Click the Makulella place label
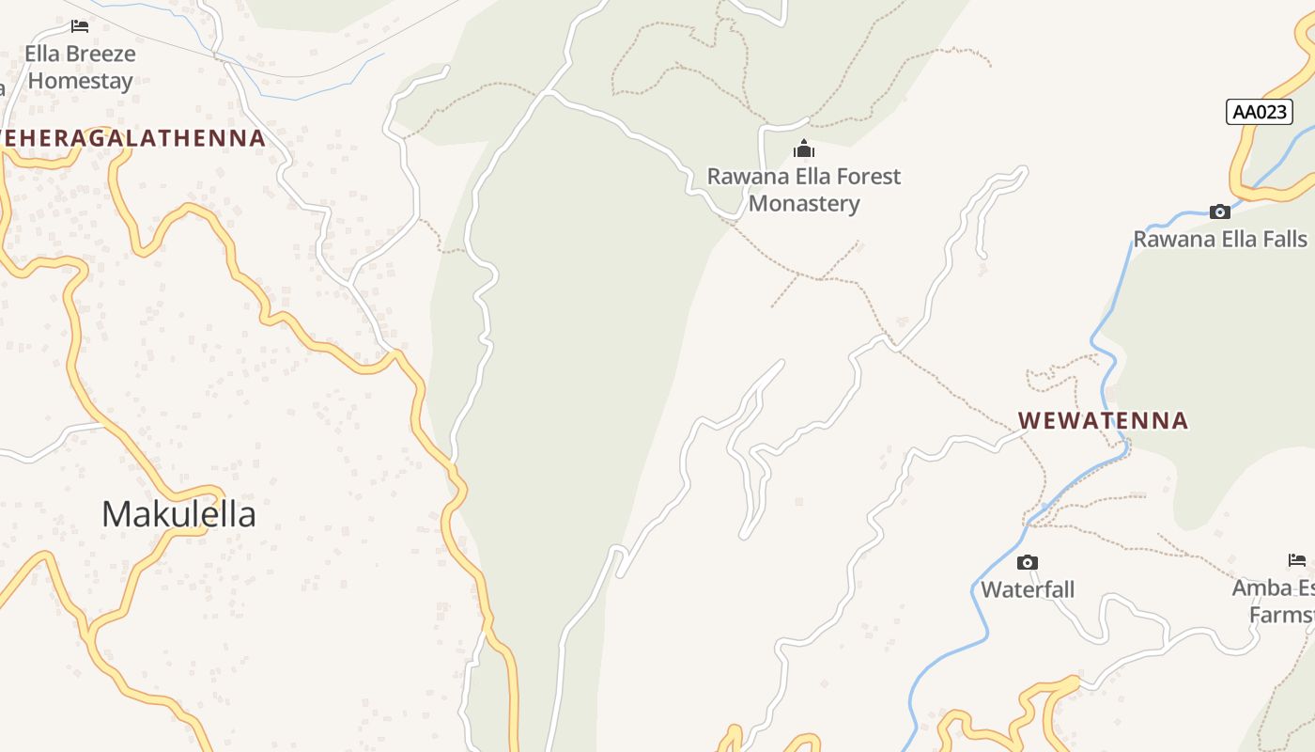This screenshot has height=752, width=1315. (x=178, y=514)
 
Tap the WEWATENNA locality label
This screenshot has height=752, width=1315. (x=1104, y=420)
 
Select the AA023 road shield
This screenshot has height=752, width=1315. (x=1260, y=112)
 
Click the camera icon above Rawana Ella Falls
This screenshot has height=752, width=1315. (x=1220, y=211)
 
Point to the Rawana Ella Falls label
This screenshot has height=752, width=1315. (x=1220, y=239)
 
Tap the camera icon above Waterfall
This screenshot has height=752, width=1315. (x=1028, y=562)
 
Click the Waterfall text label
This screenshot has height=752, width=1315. (x=1028, y=589)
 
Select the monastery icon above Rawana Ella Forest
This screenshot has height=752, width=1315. (x=804, y=149)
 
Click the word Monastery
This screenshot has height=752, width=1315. (x=804, y=203)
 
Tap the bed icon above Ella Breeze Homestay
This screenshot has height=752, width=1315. (x=80, y=26)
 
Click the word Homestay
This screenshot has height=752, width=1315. (x=80, y=81)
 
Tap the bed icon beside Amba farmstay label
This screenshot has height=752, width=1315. (x=1297, y=560)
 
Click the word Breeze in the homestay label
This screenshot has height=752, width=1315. (x=100, y=54)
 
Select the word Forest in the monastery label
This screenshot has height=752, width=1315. (x=865, y=176)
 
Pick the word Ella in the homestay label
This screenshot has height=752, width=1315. (x=41, y=54)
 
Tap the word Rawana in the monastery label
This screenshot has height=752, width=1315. (x=745, y=176)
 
